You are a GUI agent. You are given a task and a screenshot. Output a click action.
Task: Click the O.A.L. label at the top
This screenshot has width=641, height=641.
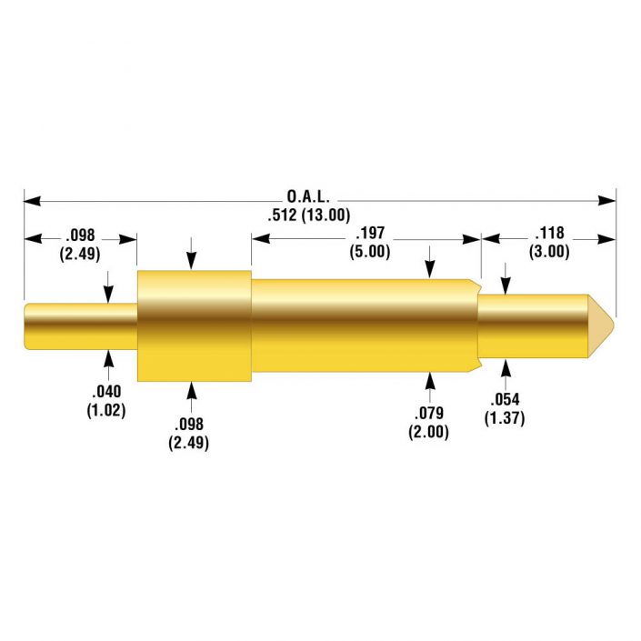point(308,196)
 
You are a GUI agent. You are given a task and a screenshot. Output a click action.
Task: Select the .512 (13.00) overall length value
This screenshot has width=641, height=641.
point(308,215)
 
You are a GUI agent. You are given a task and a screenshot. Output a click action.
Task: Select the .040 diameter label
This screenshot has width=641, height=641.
point(107,392)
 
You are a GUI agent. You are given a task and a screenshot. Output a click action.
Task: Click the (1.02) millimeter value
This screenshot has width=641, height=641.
point(107,410)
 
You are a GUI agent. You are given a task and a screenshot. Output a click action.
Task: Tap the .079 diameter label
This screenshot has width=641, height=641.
point(431,415)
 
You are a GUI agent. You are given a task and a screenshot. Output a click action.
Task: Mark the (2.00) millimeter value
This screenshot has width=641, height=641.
point(431,433)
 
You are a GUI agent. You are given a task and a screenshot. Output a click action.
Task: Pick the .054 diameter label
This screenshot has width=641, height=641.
point(506,400)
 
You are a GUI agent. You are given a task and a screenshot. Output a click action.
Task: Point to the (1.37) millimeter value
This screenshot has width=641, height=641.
point(506,418)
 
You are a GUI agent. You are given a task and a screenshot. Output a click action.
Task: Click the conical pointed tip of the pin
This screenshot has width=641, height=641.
point(602,324)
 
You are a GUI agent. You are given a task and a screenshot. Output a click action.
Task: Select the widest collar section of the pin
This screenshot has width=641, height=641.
point(194,325)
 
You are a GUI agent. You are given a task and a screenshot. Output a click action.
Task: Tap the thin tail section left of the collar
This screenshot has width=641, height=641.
point(80,325)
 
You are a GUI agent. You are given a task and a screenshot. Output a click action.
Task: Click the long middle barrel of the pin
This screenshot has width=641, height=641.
point(364,325)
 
